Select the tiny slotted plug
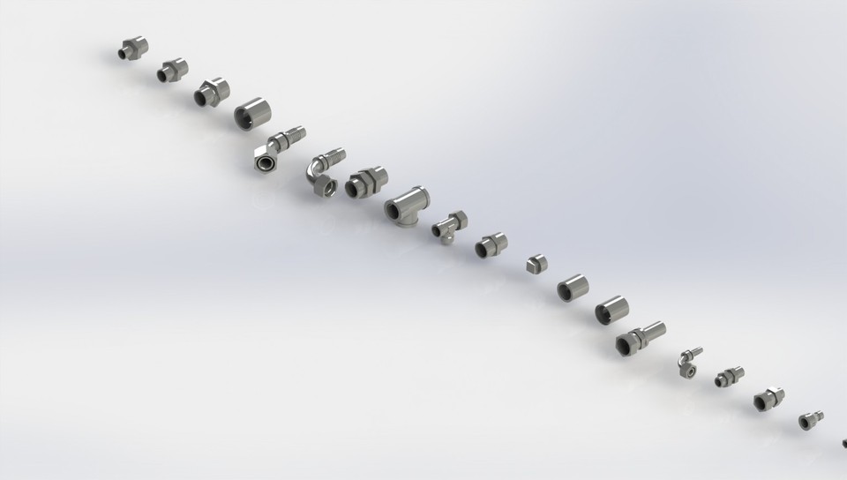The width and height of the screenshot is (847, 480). click(x=535, y=264)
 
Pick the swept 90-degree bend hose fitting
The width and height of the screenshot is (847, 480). click(x=323, y=174)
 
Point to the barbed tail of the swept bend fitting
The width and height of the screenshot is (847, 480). click(x=334, y=158)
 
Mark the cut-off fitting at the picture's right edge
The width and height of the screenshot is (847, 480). click(x=843, y=442)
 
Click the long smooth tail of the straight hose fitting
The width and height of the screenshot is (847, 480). click(x=652, y=330)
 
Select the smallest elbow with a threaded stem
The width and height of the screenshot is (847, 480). click(x=688, y=361)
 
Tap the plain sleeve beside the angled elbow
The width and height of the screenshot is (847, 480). click(x=251, y=113)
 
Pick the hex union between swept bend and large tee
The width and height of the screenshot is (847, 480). click(x=363, y=183)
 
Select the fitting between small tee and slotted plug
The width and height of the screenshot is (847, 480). click(x=491, y=244)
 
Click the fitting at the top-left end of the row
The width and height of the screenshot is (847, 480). click(x=133, y=49)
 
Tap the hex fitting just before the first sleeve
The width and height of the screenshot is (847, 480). click(x=211, y=92)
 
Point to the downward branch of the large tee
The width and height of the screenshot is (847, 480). click(x=407, y=221)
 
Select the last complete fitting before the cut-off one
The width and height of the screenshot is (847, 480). click(x=811, y=420)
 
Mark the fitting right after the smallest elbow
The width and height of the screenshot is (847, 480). click(x=729, y=377)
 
